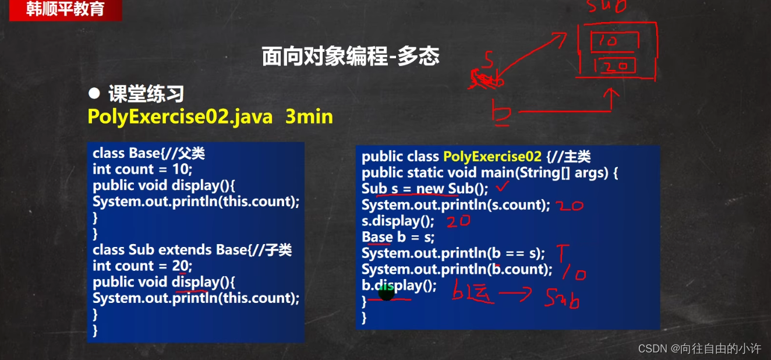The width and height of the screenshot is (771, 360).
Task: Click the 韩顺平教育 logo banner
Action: pyautogui.click(x=65, y=10)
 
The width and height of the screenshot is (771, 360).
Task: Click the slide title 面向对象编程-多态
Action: pyautogui.click(x=350, y=57)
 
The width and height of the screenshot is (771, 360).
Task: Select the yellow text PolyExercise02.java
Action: pyautogui.click(x=180, y=117)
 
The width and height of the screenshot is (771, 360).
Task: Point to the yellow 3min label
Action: pyautogui.click(x=309, y=117)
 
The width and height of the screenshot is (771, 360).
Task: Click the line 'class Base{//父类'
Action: pyautogui.click(x=148, y=153)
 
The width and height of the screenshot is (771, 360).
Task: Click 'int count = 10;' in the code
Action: pyautogui.click(x=142, y=170)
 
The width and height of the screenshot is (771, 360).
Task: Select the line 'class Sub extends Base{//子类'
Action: pyautogui.click(x=192, y=250)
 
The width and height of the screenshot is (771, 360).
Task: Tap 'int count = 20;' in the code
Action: pyautogui.click(x=142, y=266)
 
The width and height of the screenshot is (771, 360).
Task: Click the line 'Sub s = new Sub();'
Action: pyautogui.click(x=426, y=189)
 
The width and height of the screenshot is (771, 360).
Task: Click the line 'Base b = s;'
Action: pyautogui.click(x=398, y=237)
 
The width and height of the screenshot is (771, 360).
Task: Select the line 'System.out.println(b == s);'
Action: pyautogui.click(x=453, y=253)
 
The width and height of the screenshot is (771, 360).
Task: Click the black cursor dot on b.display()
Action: pyautogui.click(x=387, y=292)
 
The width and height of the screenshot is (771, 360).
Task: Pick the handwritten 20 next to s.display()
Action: pyautogui.click(x=459, y=221)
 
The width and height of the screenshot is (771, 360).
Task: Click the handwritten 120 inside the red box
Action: pyautogui.click(x=614, y=66)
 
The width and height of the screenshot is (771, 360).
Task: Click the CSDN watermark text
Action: pyautogui.click(x=699, y=348)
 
